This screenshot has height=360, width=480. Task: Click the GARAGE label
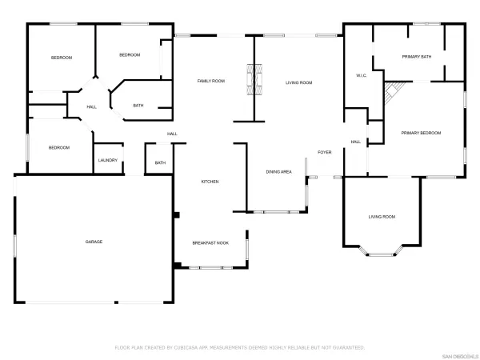click(x=94, y=242)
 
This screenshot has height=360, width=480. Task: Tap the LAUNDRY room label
click(x=108, y=161)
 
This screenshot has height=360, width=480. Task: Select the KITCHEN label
click(x=210, y=182)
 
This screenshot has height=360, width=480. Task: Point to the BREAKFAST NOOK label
click(x=210, y=242)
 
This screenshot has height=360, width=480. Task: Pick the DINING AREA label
click(x=279, y=172)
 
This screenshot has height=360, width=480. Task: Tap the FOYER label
click(x=324, y=152)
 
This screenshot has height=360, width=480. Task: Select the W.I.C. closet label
click(x=361, y=76)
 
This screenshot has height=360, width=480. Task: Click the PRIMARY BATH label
click(x=417, y=57)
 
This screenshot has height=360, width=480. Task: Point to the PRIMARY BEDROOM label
click(x=421, y=133)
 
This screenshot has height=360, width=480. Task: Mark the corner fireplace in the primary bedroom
click(x=391, y=95)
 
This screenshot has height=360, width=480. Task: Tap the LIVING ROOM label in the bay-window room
click(x=382, y=217)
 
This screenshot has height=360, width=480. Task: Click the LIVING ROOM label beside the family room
click(x=299, y=83)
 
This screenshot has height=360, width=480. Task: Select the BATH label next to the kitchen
click(x=160, y=163)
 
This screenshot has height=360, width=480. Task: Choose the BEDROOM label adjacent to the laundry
click(x=58, y=147)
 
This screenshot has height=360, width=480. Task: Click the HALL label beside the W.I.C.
click(x=355, y=142)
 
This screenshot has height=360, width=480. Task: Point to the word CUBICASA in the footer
click(x=193, y=348)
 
